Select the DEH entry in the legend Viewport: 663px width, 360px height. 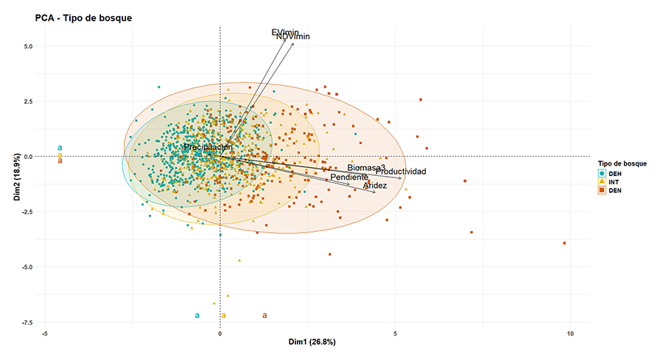tap(614, 174)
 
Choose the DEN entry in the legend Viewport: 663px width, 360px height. tap(614, 190)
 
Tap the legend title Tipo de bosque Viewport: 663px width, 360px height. tap(622, 163)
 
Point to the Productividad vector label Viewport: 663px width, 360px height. tap(401, 172)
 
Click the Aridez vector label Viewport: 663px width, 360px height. tap(375, 186)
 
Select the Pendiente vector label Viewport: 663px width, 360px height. tap(349, 177)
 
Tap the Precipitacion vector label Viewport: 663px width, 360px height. tap(208, 147)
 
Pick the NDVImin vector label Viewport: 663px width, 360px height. tap(293, 37)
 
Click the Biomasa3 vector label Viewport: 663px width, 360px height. tap(366, 169)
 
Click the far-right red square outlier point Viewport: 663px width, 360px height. tap(564, 243)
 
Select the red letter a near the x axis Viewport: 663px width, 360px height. tap(265, 316)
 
